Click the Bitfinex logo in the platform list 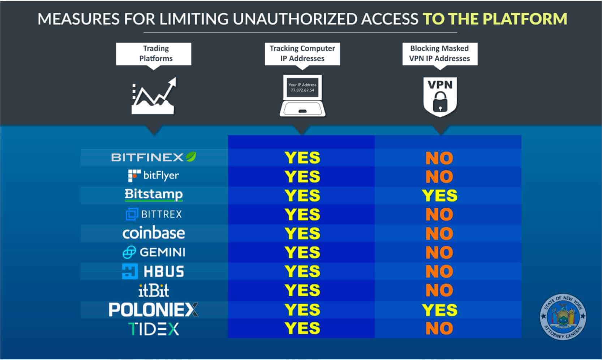(154, 157)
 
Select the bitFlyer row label (154, 176)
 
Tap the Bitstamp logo (154, 195)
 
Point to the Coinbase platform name (154, 233)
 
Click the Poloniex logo (154, 310)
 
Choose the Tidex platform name (154, 329)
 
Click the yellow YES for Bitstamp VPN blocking (440, 196)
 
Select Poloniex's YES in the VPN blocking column (440, 310)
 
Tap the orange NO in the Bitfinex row (439, 158)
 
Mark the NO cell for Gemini (439, 253)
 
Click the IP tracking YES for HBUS (302, 271)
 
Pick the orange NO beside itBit (439, 290)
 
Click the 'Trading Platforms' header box (154, 54)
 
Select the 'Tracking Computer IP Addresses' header (302, 54)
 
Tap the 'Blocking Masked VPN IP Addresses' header (440, 54)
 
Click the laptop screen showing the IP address (302, 87)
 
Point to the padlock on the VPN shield (440, 102)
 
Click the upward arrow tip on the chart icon (176, 78)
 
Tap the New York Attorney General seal (563, 316)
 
